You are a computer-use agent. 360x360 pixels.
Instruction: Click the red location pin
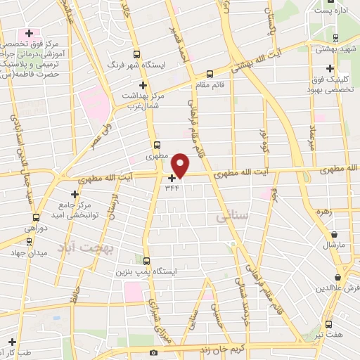181,165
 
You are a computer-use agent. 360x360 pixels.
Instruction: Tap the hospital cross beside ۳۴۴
172,178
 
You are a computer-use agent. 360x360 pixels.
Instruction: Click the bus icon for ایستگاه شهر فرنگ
136,53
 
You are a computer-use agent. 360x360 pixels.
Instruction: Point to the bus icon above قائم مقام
210,74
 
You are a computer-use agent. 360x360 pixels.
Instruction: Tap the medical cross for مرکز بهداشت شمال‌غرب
143,84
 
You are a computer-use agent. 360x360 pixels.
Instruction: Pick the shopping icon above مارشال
333,234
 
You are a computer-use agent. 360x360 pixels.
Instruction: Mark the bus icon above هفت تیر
329,324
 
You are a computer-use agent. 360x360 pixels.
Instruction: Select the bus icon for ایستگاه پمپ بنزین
146,261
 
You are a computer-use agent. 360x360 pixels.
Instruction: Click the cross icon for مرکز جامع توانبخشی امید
75,194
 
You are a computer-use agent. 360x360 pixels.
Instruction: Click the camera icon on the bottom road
154,352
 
